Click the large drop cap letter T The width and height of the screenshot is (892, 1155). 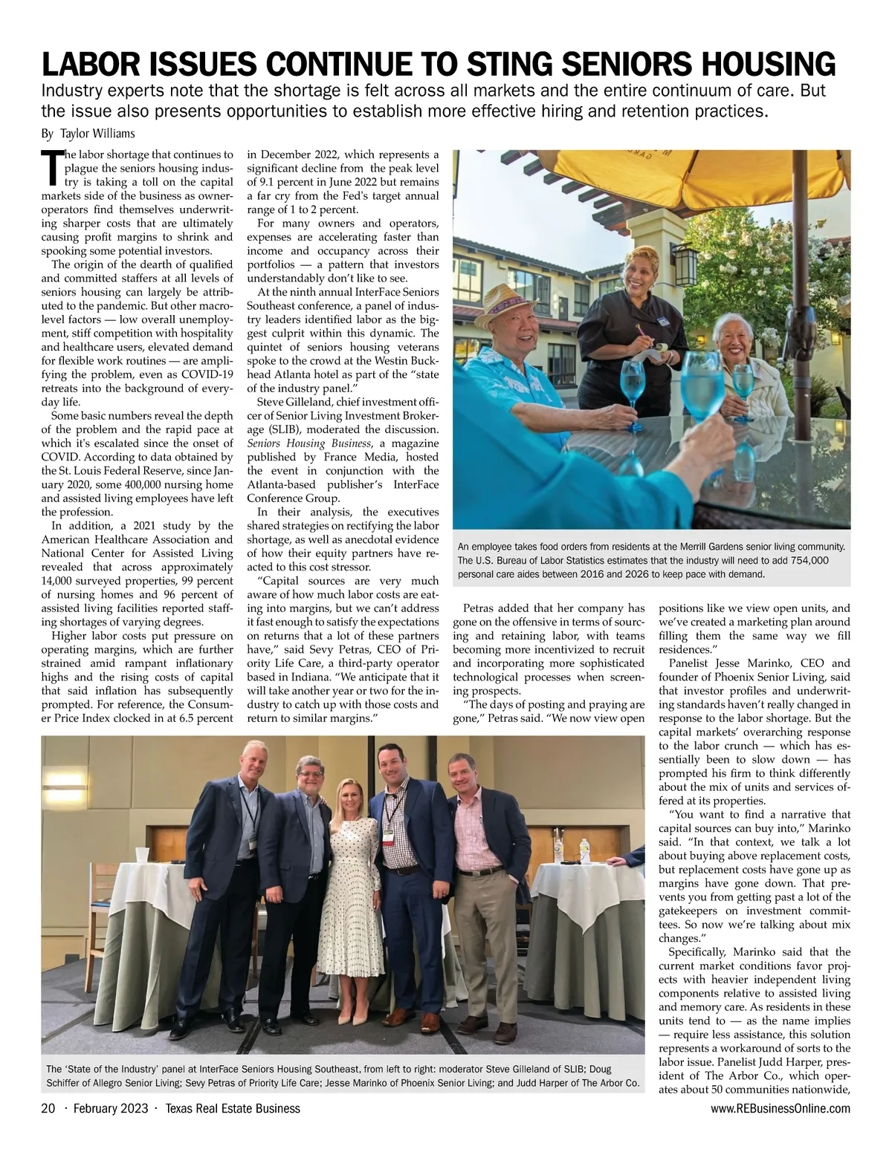(52, 168)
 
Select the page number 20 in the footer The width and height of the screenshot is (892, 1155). (48, 1109)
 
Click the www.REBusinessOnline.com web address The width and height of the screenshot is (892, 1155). (780, 1109)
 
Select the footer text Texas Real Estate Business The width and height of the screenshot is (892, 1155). (233, 1109)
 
